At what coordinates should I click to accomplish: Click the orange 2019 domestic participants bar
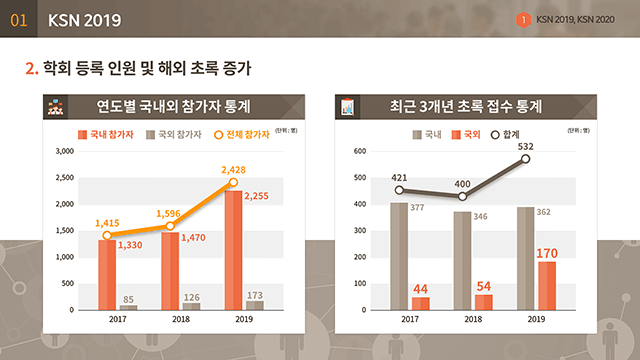click(x=232, y=250)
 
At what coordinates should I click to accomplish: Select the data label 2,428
click(x=237, y=170)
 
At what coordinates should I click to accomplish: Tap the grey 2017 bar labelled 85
click(x=128, y=307)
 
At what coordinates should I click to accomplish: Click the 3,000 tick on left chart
click(x=63, y=152)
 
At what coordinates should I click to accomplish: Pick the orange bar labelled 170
click(x=546, y=285)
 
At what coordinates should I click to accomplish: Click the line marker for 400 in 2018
click(x=462, y=196)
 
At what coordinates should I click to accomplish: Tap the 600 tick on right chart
click(x=361, y=152)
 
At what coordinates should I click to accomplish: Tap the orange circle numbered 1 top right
click(x=523, y=20)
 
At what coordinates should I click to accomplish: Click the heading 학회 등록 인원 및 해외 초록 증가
click(x=146, y=69)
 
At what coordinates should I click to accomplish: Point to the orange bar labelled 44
click(x=420, y=303)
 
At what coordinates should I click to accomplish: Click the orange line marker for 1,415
click(x=107, y=236)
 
